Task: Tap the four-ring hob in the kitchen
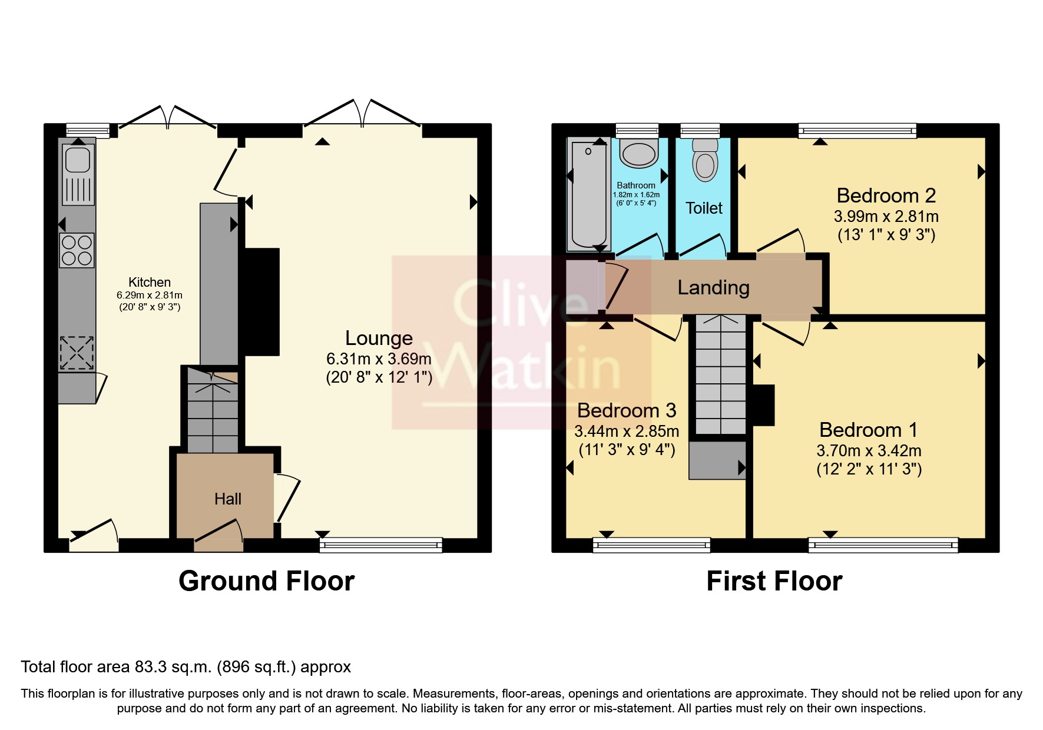(x=77, y=250)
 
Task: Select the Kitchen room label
(x=150, y=283)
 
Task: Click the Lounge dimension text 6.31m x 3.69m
(x=379, y=359)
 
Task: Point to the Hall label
(x=227, y=499)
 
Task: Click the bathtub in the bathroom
(x=588, y=194)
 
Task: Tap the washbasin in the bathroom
(x=638, y=155)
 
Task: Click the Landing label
(x=713, y=287)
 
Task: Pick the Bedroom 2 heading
(x=886, y=195)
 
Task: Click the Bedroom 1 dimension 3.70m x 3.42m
(x=869, y=451)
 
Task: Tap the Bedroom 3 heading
(x=626, y=410)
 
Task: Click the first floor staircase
(x=720, y=377)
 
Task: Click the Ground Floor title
(x=266, y=581)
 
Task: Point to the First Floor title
(x=774, y=581)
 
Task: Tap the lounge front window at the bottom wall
(x=380, y=545)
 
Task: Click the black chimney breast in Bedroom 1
(x=764, y=405)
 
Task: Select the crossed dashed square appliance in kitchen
(x=77, y=353)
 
